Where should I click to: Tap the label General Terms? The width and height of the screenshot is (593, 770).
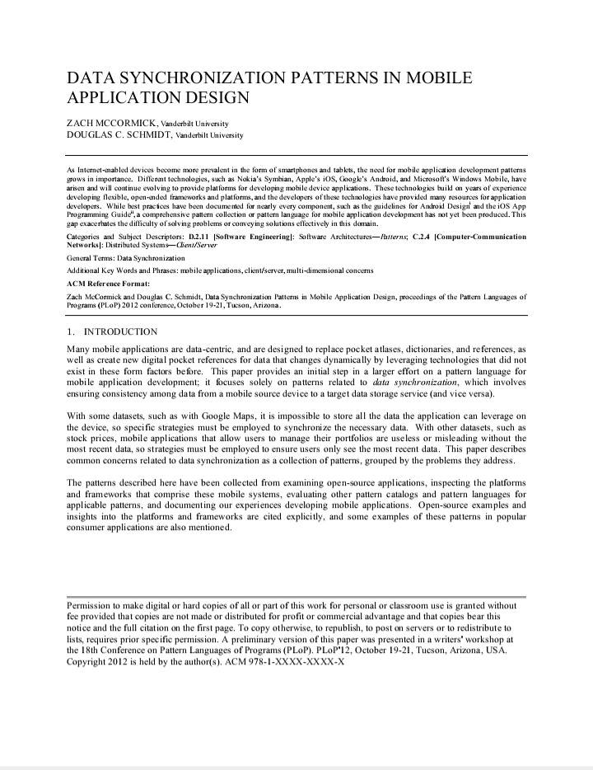pyautogui.click(x=90, y=258)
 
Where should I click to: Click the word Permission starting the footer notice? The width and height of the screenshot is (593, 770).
pyautogui.click(x=88, y=604)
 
